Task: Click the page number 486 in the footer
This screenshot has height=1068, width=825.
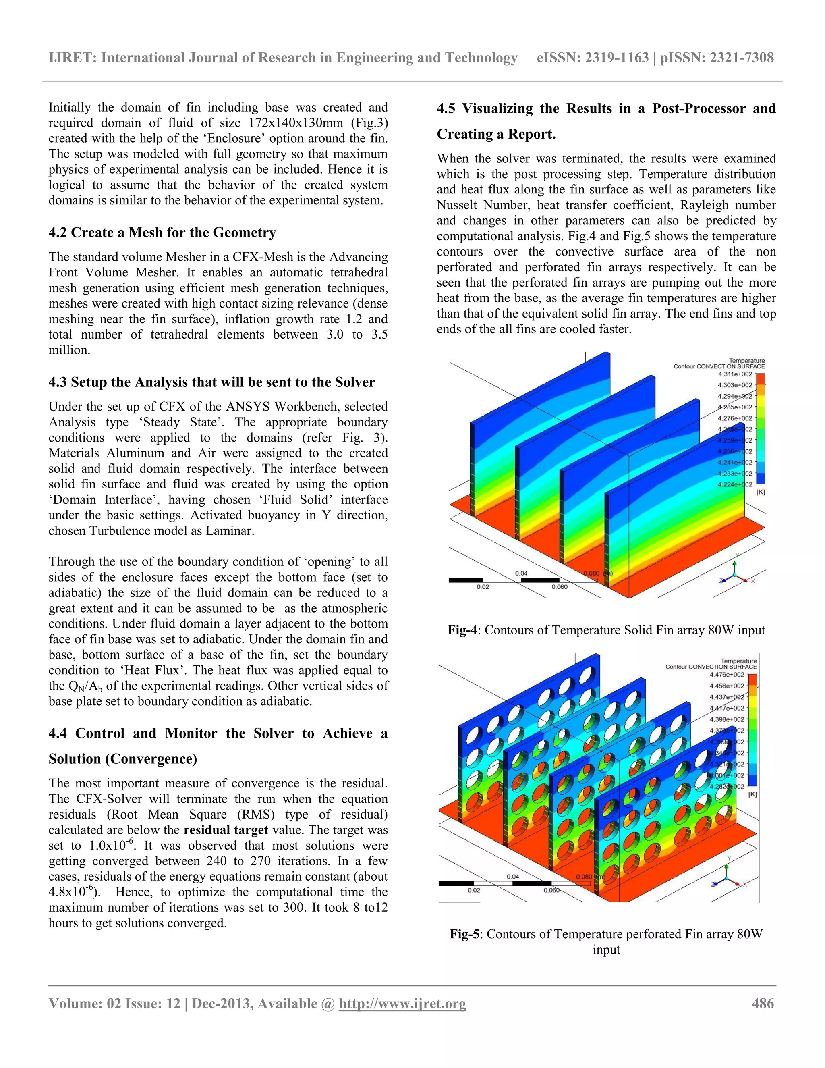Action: (x=763, y=1004)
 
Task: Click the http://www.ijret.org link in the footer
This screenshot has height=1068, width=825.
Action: (x=402, y=1004)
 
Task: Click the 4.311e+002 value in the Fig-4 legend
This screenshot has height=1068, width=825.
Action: (x=735, y=374)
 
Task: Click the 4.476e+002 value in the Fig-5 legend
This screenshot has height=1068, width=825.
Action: (x=727, y=675)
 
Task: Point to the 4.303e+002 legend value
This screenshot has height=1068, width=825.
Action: (x=735, y=385)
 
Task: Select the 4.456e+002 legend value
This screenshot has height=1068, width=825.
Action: (x=727, y=686)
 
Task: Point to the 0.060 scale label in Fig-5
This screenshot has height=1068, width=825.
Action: (x=551, y=891)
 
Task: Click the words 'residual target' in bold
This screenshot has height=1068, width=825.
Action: (x=226, y=830)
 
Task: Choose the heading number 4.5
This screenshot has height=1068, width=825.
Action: (x=446, y=108)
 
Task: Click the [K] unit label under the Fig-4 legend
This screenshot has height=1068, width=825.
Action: (x=761, y=492)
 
